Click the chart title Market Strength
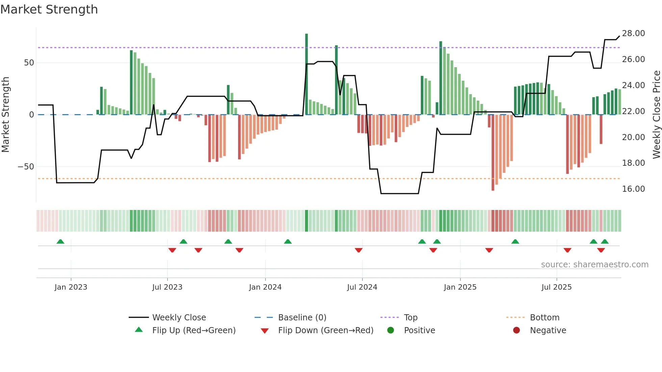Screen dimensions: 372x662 49,9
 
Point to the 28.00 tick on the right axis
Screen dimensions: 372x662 633,33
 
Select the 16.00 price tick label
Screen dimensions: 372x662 633,189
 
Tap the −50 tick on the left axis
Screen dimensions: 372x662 26,167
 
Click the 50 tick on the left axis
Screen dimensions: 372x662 29,63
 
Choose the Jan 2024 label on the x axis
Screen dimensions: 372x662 265,287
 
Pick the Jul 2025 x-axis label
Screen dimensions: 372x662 556,287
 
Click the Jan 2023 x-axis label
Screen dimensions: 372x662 71,287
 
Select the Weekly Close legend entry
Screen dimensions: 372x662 179,318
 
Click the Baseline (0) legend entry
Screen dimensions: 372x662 302,318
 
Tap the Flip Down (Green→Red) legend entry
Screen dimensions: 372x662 326,330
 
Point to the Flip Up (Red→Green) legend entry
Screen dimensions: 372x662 194,330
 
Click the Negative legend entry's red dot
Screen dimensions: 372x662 516,330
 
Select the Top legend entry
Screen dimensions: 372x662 410,318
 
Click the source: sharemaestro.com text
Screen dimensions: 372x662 594,265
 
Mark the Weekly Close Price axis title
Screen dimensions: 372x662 656,115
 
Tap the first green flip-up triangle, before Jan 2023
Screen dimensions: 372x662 60,242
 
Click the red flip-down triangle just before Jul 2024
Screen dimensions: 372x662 359,250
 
